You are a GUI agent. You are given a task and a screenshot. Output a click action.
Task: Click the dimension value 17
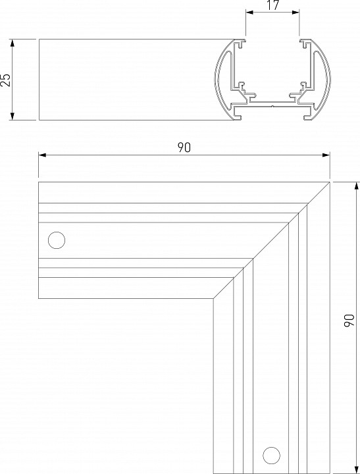(x=272, y=5)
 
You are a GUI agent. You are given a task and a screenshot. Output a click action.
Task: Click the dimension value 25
(x=6, y=80)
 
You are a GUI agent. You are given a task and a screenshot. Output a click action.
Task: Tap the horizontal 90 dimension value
(x=184, y=147)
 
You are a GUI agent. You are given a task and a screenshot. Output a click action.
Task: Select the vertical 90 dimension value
(x=349, y=320)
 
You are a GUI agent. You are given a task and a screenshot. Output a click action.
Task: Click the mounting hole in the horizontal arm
(x=57, y=240)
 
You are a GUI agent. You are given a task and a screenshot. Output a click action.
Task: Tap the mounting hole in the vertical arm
(x=271, y=456)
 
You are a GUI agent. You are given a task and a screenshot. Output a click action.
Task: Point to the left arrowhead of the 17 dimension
(x=249, y=12)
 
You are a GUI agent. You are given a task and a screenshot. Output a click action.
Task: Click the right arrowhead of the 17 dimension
(x=296, y=12)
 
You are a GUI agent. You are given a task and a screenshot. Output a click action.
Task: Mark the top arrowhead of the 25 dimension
(x=13, y=43)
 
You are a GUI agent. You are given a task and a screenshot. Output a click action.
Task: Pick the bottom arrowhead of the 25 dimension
(x=13, y=117)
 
